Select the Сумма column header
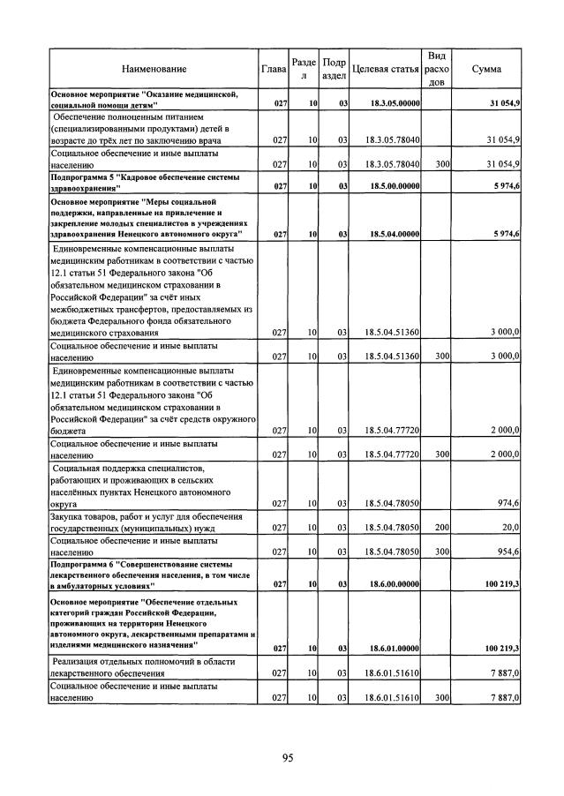tap(487, 69)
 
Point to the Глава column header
tap(274, 69)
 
